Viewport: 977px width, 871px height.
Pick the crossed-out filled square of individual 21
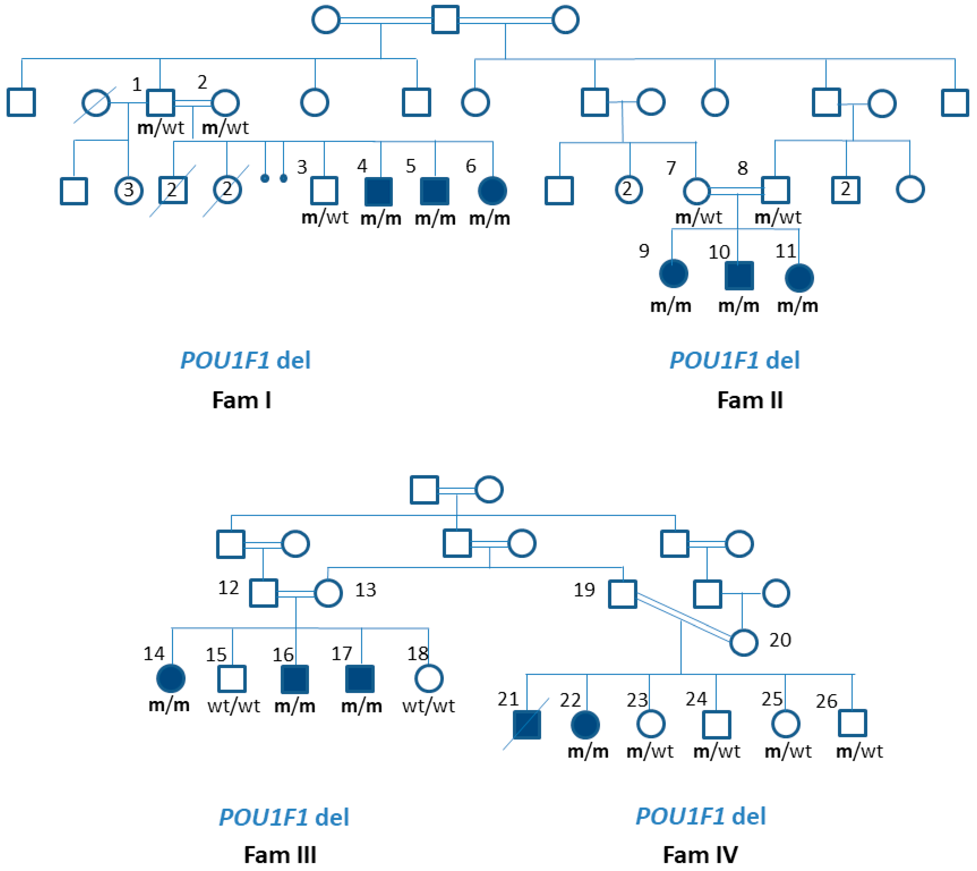click(x=526, y=724)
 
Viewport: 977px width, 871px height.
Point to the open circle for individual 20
click(x=743, y=642)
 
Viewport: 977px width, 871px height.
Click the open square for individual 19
click(x=622, y=594)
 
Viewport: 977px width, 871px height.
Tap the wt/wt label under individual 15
click(x=234, y=706)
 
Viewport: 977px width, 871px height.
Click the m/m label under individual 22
click(x=588, y=751)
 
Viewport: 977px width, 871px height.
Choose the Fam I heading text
click(x=241, y=400)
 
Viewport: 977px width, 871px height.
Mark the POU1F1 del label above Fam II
click(x=734, y=360)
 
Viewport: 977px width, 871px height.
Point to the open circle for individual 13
click(x=328, y=593)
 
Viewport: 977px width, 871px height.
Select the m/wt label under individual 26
click(x=859, y=751)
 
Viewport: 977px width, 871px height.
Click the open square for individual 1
click(x=160, y=102)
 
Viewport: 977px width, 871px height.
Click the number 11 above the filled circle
click(x=786, y=251)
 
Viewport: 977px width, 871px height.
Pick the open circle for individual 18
click(x=428, y=678)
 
